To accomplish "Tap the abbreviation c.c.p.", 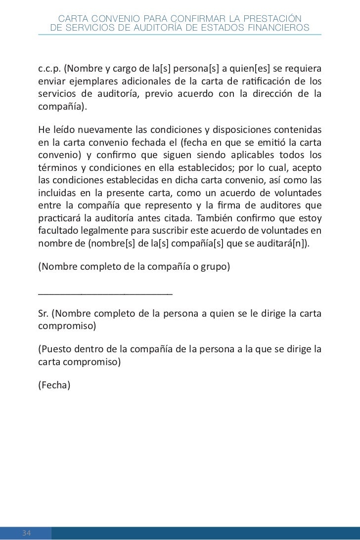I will (x=48, y=68).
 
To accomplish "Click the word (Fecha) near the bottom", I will (x=55, y=386).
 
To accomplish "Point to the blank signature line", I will (x=105, y=293).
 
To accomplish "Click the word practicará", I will (x=58, y=218).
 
